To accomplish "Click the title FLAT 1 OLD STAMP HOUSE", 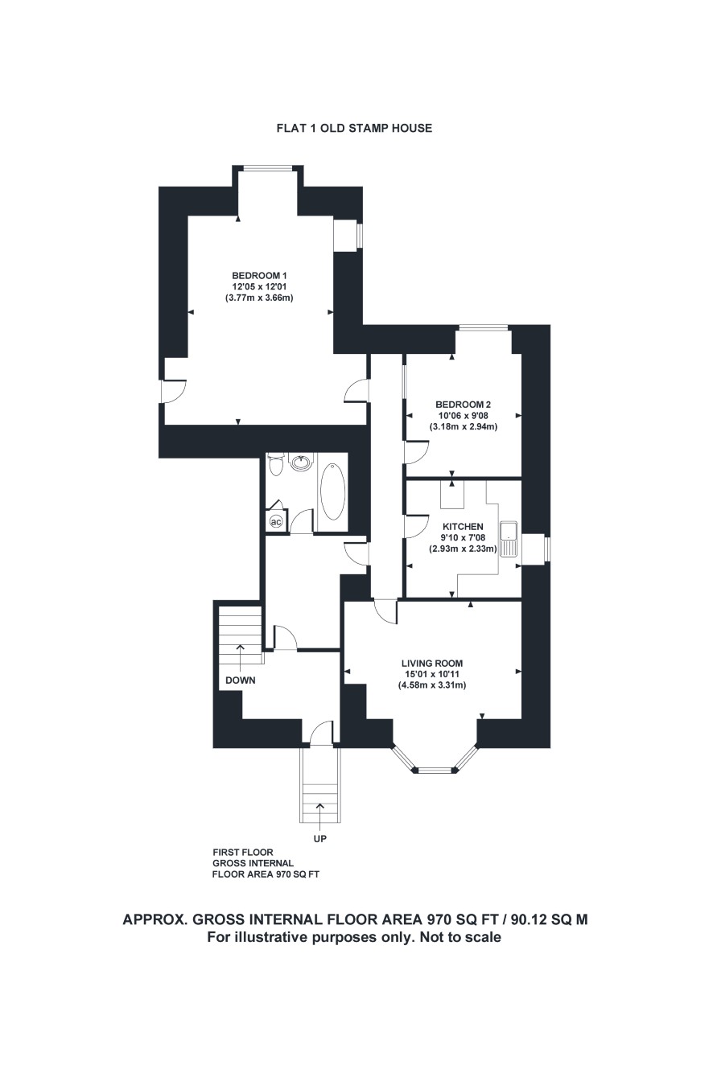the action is coord(354,128).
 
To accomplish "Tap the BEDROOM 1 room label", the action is coord(259,275).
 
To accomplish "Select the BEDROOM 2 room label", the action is coord(464,405).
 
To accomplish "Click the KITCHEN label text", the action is coord(463,526).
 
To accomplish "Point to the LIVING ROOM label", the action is coord(431,663).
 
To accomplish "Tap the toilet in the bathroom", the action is coord(276,465).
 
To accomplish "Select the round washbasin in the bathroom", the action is coord(301,462).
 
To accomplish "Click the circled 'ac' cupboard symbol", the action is coord(277,522).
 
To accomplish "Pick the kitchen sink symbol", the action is coord(509,539).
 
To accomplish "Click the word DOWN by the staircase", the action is coord(240,680).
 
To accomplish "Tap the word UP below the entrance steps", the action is coord(320,838).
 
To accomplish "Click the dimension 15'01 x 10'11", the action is coord(431,674).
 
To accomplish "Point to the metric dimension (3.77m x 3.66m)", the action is coord(259,298).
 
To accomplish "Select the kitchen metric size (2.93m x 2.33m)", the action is coord(463,549).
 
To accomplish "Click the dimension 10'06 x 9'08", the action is coord(464,415).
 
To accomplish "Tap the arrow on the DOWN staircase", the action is coord(240,654).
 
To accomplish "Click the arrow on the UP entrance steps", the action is coord(319,812).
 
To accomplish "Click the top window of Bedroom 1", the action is coord(267,167).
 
